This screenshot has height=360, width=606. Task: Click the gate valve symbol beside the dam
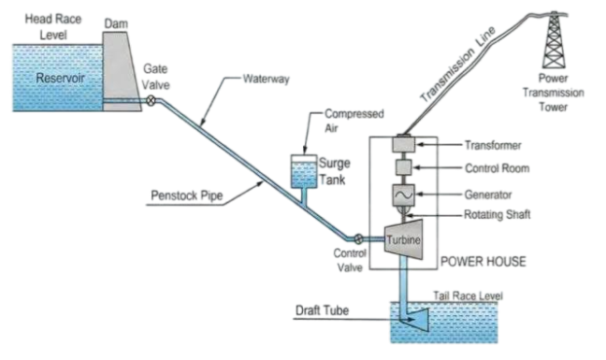coord(151,101)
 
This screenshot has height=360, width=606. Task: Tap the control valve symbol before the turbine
coord(359,238)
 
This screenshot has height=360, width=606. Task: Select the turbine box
coord(403,239)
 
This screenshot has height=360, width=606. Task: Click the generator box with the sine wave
coord(403,194)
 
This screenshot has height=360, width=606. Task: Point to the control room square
coord(403,167)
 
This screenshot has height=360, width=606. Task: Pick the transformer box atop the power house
coord(404,144)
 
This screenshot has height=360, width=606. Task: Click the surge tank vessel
coord(304,172)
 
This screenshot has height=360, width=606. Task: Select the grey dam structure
coord(122,72)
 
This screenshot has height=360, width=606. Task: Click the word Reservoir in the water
coord(60,78)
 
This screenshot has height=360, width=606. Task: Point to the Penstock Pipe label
coord(187,195)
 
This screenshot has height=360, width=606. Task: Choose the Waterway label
coord(266,79)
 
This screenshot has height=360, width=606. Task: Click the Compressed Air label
coord(354,121)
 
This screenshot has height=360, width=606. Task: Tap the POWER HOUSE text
coord(483,262)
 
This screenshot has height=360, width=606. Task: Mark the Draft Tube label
coord(322,310)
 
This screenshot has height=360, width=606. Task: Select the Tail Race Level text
coord(468,295)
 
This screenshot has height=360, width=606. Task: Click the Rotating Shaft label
coord(497,214)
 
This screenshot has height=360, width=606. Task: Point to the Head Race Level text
coord(53,27)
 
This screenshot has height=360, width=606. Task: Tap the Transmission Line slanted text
coord(458,65)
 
